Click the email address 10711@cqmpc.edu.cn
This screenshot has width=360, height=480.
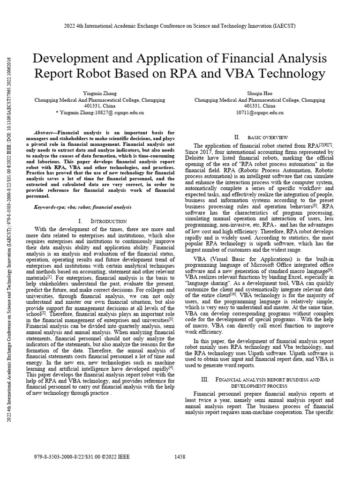[259, 112]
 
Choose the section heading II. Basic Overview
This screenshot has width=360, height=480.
[259, 137]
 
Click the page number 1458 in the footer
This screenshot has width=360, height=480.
[180, 456]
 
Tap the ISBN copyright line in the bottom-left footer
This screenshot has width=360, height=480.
[82, 456]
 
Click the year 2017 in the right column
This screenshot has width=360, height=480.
[214, 152]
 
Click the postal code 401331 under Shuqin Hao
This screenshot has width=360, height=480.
[259, 106]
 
